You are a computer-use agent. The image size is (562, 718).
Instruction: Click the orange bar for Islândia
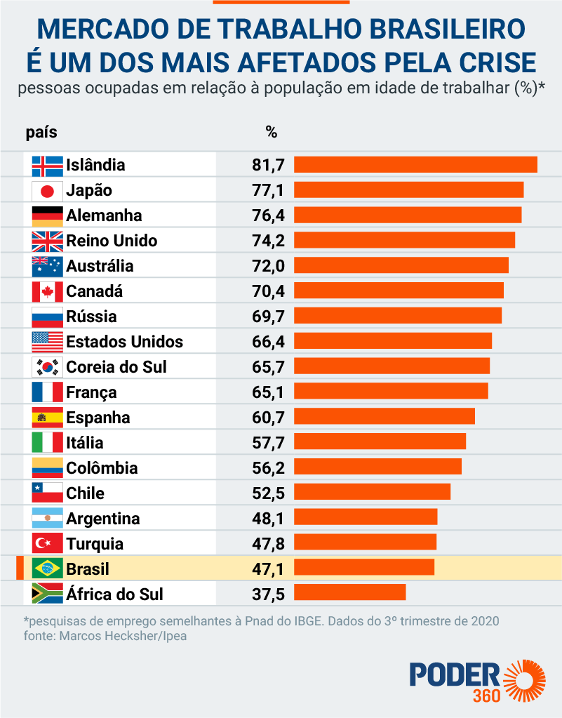click(x=415, y=164)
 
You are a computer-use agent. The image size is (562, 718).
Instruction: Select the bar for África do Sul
click(x=349, y=592)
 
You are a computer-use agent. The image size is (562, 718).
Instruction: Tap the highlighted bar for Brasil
click(x=364, y=567)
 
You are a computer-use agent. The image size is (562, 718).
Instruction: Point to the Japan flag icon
click(x=48, y=190)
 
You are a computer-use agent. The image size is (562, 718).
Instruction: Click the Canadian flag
click(x=48, y=291)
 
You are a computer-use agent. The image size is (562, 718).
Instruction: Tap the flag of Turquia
click(x=48, y=543)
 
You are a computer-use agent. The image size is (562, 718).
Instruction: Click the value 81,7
click(x=268, y=165)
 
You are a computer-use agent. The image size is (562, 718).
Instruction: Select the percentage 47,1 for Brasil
click(x=268, y=569)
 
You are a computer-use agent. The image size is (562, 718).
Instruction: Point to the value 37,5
click(x=268, y=594)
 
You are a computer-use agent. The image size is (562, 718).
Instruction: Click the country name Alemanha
click(x=104, y=215)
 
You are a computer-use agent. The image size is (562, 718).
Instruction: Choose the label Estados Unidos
click(x=124, y=342)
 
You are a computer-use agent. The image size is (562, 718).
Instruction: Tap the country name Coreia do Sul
click(x=116, y=367)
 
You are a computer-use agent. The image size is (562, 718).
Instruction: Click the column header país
click(x=41, y=132)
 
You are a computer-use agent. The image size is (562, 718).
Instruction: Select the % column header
click(x=272, y=132)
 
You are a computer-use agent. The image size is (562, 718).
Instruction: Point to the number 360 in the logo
click(x=486, y=696)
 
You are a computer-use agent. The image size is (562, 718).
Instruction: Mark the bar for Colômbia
click(x=377, y=466)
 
